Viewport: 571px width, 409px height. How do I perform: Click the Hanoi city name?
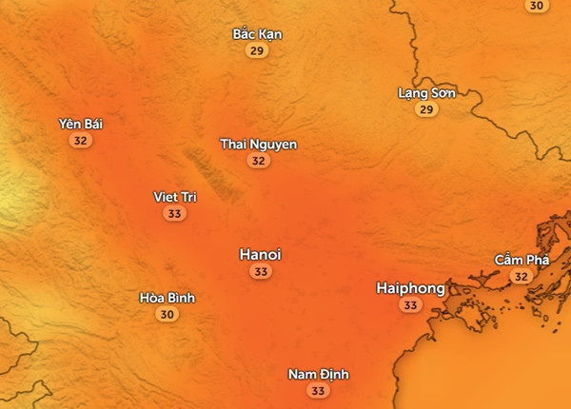(260, 255)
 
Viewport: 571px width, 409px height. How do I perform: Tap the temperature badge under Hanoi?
(260, 272)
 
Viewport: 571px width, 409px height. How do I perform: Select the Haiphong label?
(410, 287)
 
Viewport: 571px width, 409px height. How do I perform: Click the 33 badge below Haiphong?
(410, 305)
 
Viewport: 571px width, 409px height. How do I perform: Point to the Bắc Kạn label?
(257, 34)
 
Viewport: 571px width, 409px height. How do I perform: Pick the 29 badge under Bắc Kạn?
(257, 51)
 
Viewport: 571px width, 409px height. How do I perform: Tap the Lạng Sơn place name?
(426, 93)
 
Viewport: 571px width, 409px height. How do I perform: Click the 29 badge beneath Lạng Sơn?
(426, 110)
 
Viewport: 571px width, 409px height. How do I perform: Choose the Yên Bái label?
(80, 124)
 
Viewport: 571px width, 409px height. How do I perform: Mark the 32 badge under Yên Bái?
(80, 141)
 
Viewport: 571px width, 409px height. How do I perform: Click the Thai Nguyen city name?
(258, 145)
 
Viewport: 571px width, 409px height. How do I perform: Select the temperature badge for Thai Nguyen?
(258, 162)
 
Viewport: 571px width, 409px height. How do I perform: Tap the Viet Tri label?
(174, 197)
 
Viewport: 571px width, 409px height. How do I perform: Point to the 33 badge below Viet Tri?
(174, 214)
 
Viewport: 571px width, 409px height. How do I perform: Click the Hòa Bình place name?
(167, 298)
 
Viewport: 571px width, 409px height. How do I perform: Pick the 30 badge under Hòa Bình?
(167, 315)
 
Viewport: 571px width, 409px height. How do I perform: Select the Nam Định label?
(318, 374)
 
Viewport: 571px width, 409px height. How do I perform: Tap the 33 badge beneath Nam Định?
(318, 391)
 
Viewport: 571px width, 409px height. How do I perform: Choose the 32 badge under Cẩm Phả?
(521, 277)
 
